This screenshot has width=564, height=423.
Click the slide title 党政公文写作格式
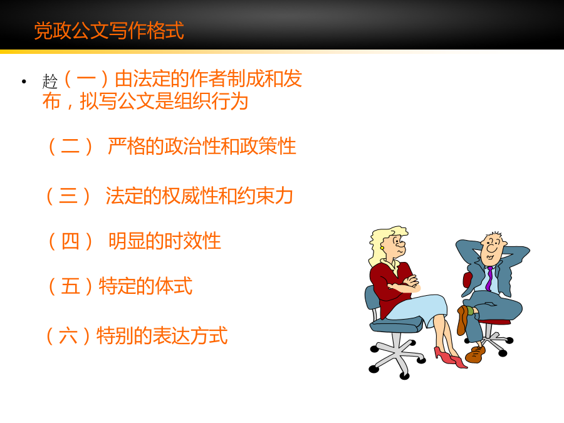(x=109, y=31)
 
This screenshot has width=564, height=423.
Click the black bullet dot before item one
(x=24, y=81)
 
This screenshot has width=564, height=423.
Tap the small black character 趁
(x=50, y=81)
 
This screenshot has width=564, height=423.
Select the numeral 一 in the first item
(x=86, y=78)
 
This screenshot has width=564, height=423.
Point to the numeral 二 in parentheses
(x=70, y=147)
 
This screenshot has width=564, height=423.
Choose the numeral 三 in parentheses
(x=68, y=196)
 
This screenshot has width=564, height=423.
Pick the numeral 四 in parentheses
(x=70, y=241)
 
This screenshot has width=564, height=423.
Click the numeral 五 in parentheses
(x=70, y=286)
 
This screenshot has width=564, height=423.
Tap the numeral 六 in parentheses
(x=68, y=336)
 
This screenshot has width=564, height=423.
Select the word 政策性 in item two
(x=268, y=147)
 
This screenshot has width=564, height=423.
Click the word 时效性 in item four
(x=193, y=241)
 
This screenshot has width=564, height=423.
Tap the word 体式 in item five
(x=174, y=286)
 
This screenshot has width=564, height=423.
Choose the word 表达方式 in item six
(x=191, y=336)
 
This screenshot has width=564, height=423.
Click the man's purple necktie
(x=489, y=279)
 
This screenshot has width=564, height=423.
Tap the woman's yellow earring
(x=382, y=248)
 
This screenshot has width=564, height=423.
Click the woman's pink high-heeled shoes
(x=451, y=357)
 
